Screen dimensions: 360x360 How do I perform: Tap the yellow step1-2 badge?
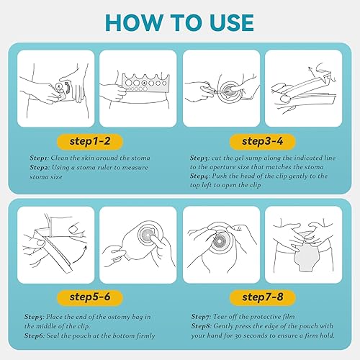click(90, 141)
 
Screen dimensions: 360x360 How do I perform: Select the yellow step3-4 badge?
click(262, 141)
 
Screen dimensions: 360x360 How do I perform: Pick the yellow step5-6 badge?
click(90, 297)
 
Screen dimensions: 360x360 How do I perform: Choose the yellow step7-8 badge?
click(262, 297)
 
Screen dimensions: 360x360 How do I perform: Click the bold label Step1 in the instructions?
click(40, 158)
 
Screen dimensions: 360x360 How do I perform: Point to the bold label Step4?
click(200, 176)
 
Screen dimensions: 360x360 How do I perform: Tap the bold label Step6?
click(34, 336)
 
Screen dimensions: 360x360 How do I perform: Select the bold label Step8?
click(201, 326)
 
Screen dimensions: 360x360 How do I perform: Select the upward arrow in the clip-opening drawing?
click(312, 72)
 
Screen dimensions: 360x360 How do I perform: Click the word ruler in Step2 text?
click(104, 167)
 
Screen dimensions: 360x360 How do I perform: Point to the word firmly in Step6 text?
click(145, 336)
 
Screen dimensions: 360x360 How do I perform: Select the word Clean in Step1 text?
click(59, 158)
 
